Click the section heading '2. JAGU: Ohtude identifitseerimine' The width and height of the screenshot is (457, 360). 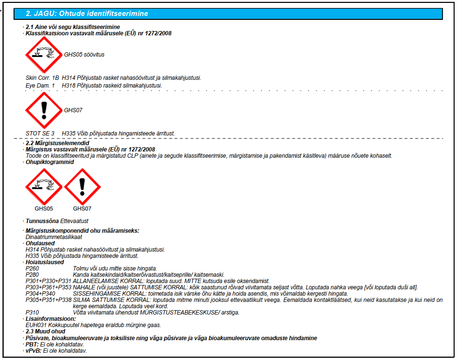click(87, 14)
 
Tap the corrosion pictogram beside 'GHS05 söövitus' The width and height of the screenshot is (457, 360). click(44, 55)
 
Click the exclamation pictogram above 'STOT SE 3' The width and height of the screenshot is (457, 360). click(44, 110)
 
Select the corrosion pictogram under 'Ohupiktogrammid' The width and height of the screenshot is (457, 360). click(44, 187)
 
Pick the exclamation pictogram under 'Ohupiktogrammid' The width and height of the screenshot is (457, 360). click(82, 187)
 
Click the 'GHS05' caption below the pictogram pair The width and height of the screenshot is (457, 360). click(44, 209)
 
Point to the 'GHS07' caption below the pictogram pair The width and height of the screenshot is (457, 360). click(82, 209)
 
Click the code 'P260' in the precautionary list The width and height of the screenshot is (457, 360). click(32, 268)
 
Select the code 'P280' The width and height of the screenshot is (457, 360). click(32, 274)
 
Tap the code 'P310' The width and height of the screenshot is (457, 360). click(32, 313)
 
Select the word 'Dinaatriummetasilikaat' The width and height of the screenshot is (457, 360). click(54, 237)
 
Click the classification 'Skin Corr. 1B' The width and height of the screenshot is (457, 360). click(42, 78)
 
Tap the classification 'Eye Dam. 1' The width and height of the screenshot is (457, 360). click(40, 85)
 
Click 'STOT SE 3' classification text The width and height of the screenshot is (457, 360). click(40, 133)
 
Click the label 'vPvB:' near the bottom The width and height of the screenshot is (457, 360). click(33, 350)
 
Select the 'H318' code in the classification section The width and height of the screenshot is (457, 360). click(68, 85)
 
